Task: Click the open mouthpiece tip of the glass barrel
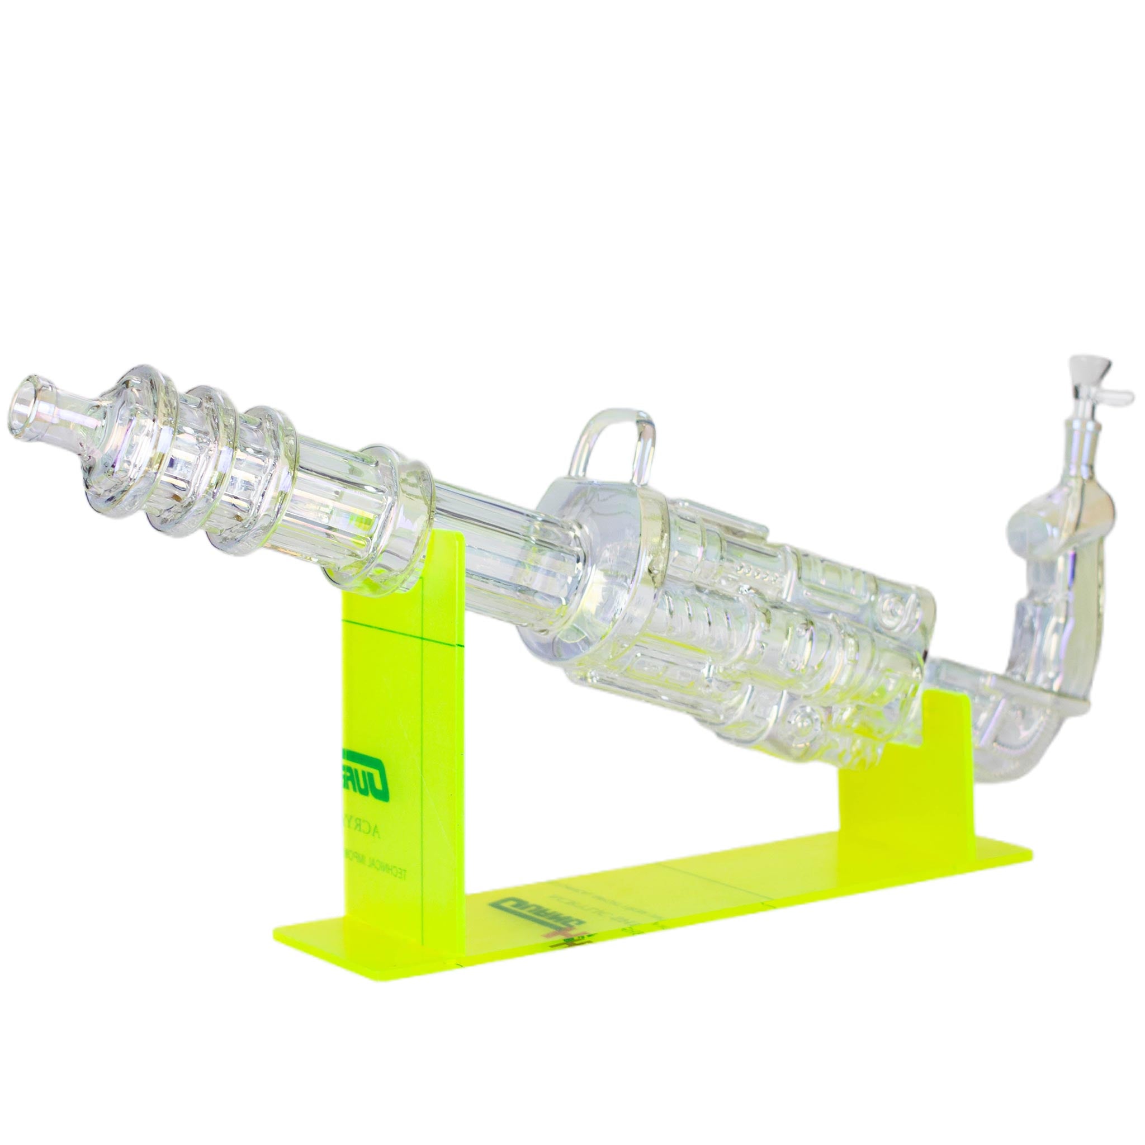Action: (29, 409)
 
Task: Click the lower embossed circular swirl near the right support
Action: (806, 720)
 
